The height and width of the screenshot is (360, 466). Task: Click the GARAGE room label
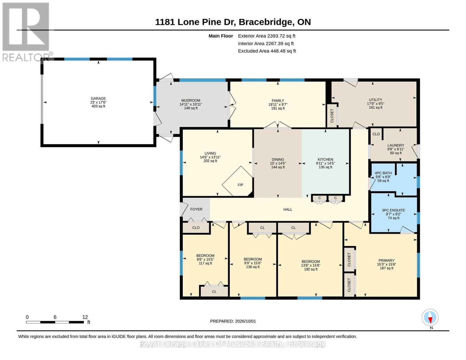98,98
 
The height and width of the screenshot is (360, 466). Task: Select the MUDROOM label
191,100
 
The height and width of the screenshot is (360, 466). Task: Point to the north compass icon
430,317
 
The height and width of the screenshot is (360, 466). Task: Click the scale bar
55,322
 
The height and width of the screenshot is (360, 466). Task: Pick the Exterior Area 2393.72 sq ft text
266,36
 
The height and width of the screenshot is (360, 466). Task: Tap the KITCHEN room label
325,159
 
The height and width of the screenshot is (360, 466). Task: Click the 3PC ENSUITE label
393,210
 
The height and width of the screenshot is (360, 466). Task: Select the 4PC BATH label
383,173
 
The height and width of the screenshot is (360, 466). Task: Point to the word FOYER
196,209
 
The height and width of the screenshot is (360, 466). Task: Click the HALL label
288,209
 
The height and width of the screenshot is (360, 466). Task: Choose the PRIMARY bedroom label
386,260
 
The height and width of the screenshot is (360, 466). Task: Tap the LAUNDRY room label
396,145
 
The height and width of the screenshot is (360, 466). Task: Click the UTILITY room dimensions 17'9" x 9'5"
375,103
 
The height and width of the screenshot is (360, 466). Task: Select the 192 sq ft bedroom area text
311,269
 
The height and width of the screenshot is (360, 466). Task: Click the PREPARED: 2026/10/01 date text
233,321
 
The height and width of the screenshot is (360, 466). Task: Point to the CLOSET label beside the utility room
332,116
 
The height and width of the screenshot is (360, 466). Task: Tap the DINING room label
278,159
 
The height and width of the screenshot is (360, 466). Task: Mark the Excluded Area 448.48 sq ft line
267,51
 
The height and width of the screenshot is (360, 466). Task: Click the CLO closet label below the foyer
196,228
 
